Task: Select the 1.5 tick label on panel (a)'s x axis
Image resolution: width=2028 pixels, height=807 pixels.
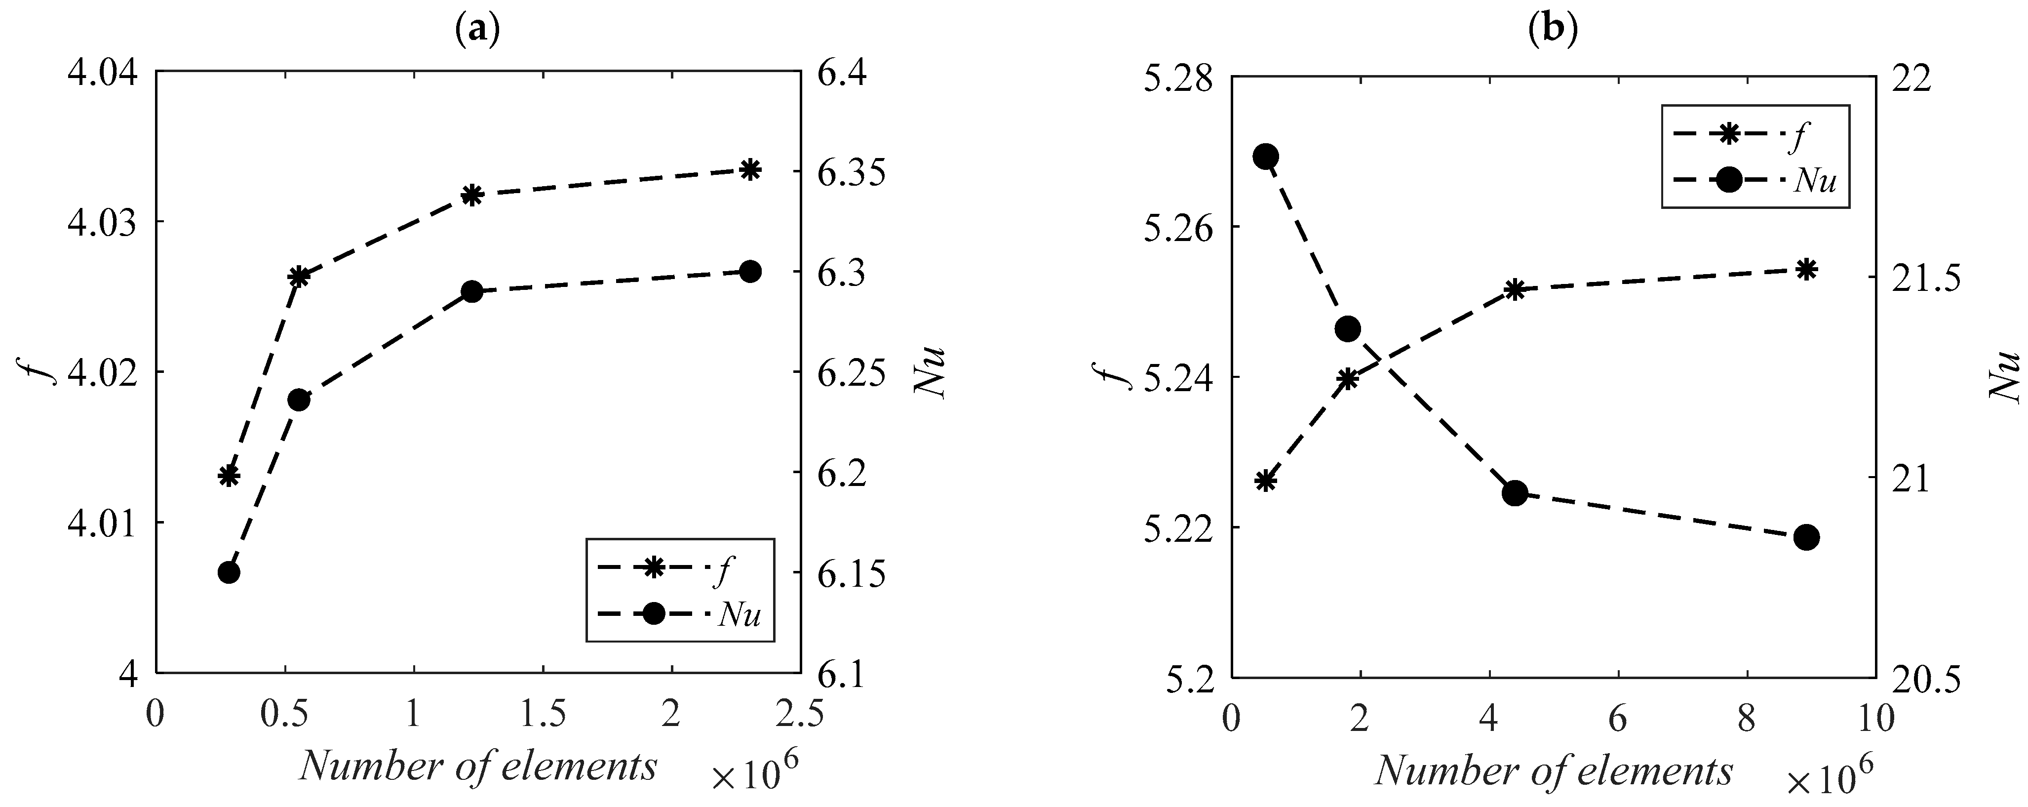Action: click(543, 716)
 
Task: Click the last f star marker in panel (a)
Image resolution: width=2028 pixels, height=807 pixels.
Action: click(750, 169)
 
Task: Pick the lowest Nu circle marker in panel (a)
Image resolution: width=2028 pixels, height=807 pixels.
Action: click(229, 572)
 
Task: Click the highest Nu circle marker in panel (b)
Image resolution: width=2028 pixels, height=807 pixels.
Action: click(1265, 157)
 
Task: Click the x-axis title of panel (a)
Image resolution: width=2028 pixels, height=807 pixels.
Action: click(478, 766)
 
